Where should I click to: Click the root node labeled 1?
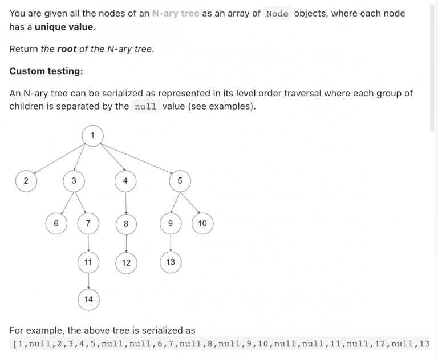tap(93, 136)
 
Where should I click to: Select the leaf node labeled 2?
tap(26, 181)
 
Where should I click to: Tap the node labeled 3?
tap(74, 181)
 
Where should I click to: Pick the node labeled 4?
tap(125, 181)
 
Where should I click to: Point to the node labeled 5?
tap(180, 181)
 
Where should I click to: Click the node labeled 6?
tap(56, 224)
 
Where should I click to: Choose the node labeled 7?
tap(88, 224)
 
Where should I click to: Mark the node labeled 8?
tap(126, 224)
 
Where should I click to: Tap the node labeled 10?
tap(202, 224)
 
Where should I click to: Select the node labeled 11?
tap(88, 262)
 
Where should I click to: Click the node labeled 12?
tap(126, 263)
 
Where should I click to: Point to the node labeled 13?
tap(171, 262)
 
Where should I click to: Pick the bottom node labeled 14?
tap(88, 300)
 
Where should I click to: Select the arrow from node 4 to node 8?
tap(126, 203)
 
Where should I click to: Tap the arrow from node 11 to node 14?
tap(88, 281)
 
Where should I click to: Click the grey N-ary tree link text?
tap(176, 14)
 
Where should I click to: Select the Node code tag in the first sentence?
tap(277, 14)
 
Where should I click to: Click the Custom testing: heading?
tap(46, 71)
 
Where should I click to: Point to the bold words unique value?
tap(64, 27)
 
